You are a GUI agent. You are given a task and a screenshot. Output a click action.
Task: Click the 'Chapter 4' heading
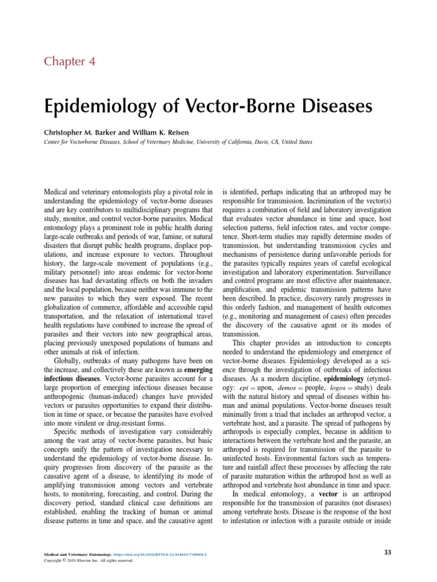[71, 61]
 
